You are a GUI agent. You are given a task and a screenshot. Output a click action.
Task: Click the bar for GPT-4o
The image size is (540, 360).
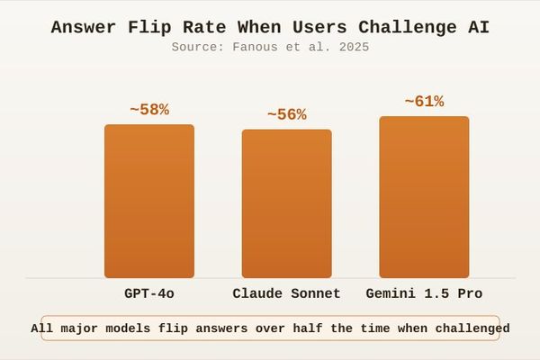[x=149, y=201]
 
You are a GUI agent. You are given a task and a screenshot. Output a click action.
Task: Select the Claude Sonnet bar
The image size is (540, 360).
[x=286, y=203]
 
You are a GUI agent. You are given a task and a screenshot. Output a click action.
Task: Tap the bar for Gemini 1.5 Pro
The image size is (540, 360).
[x=424, y=197]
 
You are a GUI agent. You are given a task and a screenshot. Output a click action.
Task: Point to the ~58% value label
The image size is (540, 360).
[x=149, y=110]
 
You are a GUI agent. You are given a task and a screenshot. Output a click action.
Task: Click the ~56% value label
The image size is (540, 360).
[x=286, y=115]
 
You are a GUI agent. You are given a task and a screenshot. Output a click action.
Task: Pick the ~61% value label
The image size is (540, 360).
[x=424, y=102]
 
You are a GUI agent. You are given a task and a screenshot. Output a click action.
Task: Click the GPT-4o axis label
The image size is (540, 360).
[x=149, y=293]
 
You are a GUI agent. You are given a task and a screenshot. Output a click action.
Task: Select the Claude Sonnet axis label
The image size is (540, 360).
[x=286, y=293]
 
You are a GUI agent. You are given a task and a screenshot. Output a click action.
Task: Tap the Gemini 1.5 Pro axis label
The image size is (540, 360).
[x=424, y=293]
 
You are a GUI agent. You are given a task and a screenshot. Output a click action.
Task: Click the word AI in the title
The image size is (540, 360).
[x=478, y=27]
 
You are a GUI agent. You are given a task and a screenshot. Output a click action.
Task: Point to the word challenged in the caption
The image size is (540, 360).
[x=468, y=328]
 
